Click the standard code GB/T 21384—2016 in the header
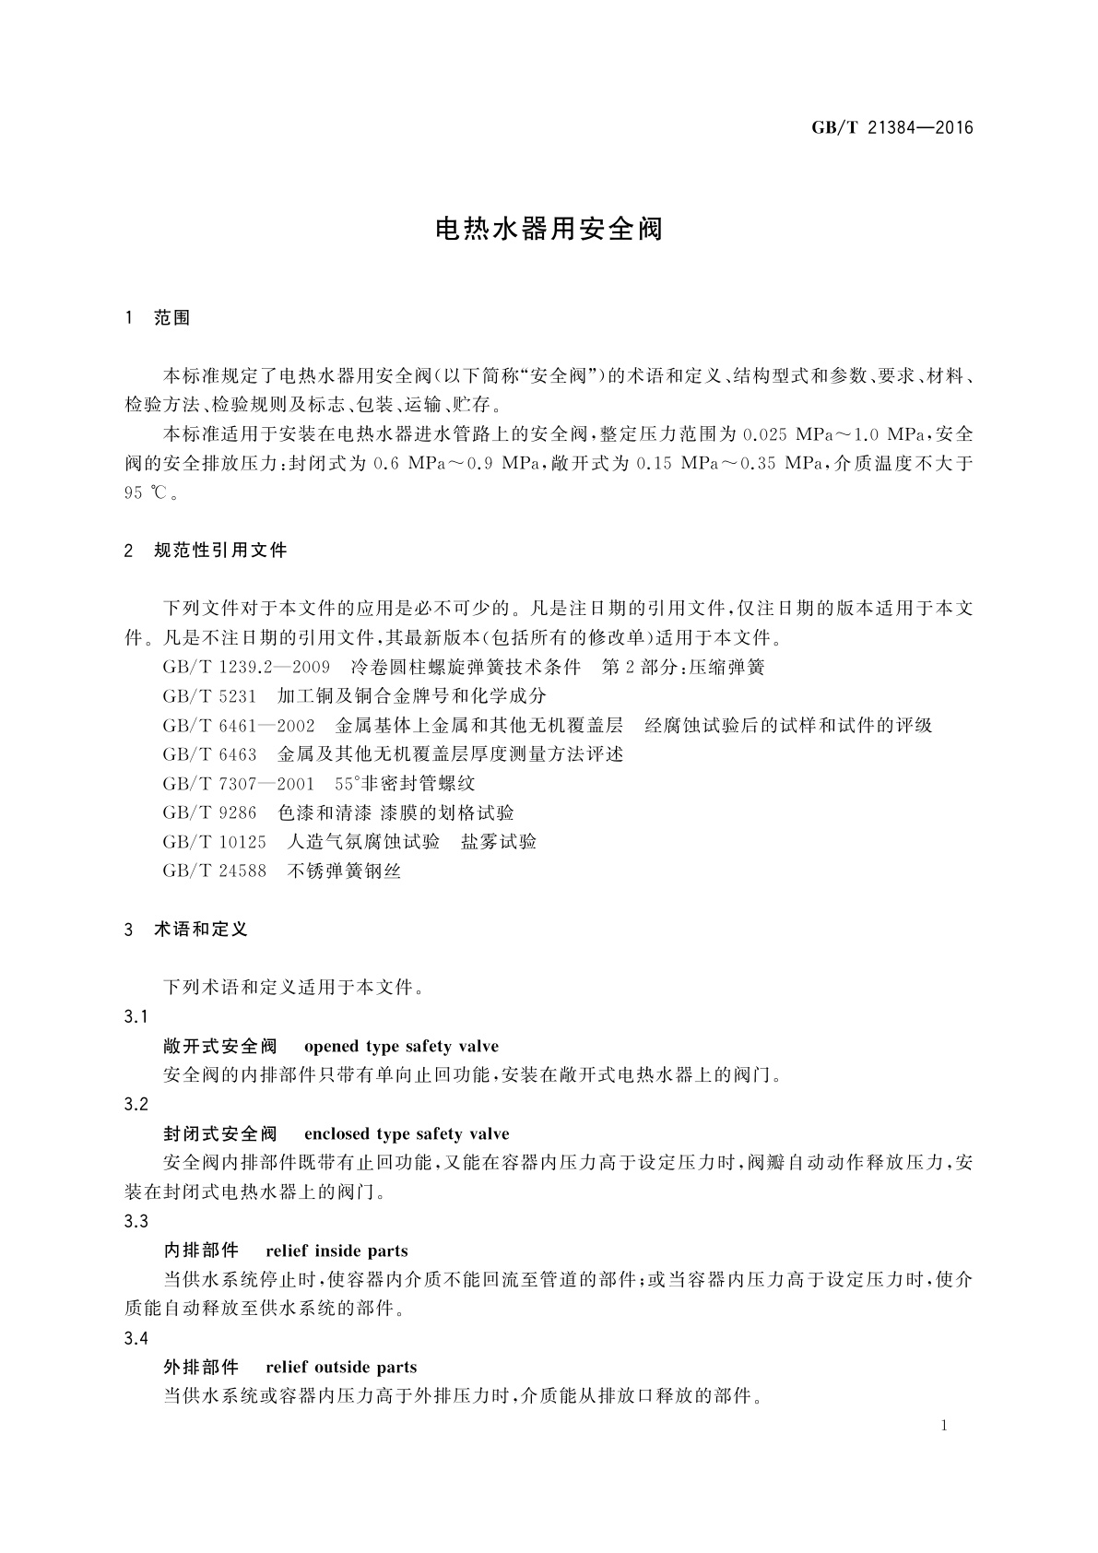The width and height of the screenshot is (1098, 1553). pos(891,128)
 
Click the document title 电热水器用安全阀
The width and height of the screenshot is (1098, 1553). pos(549,229)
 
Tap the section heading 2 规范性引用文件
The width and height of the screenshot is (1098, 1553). pos(206,551)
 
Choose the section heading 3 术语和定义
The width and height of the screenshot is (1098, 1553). pos(186,930)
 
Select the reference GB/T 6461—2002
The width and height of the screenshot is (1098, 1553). pos(239,725)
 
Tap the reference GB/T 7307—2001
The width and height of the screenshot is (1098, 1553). pos(239,784)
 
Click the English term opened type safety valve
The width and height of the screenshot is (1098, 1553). pos(401,1047)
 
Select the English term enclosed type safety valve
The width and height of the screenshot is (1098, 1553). pos(407,1134)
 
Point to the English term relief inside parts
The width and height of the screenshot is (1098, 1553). pos(336,1251)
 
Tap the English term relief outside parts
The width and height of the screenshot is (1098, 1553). pos(341,1368)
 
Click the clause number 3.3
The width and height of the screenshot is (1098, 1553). pos(136,1222)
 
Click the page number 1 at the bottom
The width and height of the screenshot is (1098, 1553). pos(944,1427)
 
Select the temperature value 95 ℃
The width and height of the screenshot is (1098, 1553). pos(146,492)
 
